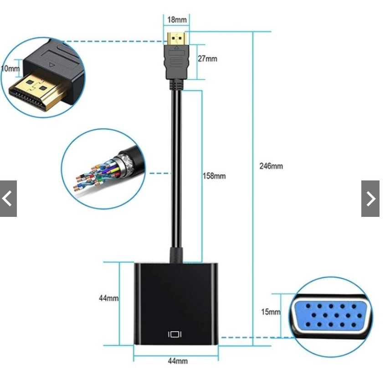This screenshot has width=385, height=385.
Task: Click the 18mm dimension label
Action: pyautogui.click(x=177, y=20)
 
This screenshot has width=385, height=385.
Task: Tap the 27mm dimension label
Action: pyautogui.click(x=207, y=59)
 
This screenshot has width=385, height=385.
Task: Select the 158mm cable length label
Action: pyautogui.click(x=214, y=176)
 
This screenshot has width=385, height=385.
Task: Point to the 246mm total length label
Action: pyautogui.click(x=271, y=166)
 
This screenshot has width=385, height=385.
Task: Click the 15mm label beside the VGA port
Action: pyautogui.click(x=270, y=312)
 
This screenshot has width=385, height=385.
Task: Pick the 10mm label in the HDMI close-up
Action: pyautogui.click(x=10, y=69)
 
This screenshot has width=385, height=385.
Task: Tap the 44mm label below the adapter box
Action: pyautogui.click(x=177, y=361)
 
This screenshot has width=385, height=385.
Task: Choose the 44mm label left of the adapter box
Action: pyautogui.click(x=109, y=298)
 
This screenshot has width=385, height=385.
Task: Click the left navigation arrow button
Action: pyautogui.click(x=8, y=199)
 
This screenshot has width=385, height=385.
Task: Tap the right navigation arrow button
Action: pyautogui.click(x=370, y=199)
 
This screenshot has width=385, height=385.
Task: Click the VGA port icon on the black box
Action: pyautogui.click(x=175, y=334)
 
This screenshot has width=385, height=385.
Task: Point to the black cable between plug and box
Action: pyautogui.click(x=176, y=173)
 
